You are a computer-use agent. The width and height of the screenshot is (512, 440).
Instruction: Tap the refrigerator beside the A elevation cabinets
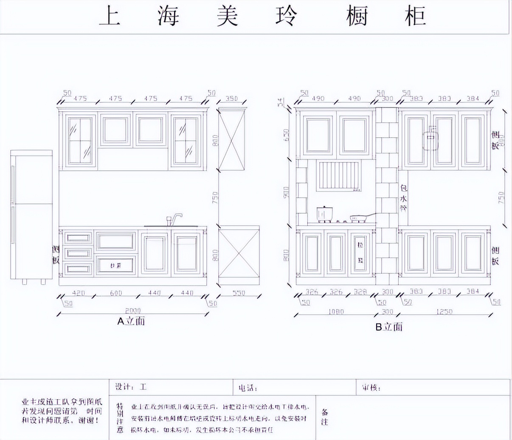coord(31,214)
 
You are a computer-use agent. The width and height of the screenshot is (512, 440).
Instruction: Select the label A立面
coord(131,321)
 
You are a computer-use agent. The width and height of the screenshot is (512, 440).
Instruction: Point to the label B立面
coord(388,327)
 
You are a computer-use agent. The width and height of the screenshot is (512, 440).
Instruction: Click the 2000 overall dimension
coord(133,311)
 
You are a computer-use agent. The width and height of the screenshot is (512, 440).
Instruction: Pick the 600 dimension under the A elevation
coord(115,293)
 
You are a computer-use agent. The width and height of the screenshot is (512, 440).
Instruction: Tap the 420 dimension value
coord(79,293)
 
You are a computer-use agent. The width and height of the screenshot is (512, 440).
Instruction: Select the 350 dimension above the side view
coord(231,99)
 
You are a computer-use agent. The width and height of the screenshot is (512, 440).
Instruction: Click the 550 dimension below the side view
coord(239,293)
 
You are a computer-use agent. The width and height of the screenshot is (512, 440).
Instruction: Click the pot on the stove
coord(325,213)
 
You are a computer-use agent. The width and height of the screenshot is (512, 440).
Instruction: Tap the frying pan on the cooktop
coord(359,218)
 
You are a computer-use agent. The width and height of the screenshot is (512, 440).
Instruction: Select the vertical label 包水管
coord(403,198)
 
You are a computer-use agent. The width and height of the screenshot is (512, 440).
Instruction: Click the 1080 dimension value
coord(335,312)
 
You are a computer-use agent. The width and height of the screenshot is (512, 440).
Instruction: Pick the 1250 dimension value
coord(444,312)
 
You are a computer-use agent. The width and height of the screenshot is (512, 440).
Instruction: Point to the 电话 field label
coord(248,388)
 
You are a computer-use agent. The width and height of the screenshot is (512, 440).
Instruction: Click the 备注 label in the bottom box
coord(324,417)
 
